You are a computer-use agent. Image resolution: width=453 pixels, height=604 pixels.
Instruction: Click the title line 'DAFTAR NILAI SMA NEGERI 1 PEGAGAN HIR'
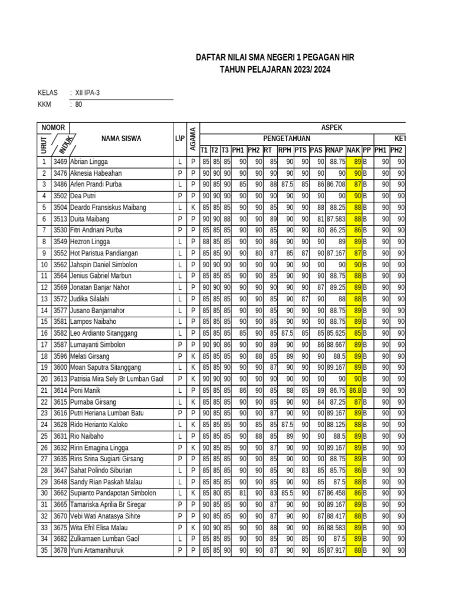click(275, 57)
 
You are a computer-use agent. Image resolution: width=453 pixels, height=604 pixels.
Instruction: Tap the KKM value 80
click(79, 104)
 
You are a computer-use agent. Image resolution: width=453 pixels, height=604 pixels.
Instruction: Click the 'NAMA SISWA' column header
click(121, 139)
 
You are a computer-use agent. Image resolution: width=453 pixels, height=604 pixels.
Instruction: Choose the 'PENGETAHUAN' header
click(287, 139)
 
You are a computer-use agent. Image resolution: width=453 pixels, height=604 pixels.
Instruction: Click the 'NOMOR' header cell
click(53, 127)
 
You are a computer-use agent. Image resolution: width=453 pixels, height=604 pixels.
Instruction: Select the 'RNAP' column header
click(335, 150)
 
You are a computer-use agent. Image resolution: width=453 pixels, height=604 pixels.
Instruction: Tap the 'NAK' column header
click(353, 150)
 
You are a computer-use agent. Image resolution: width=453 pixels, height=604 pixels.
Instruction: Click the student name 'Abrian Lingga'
click(89, 162)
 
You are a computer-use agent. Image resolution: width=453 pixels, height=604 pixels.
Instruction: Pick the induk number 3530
click(60, 230)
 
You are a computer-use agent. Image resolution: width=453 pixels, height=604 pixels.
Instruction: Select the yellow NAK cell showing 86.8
click(354, 390)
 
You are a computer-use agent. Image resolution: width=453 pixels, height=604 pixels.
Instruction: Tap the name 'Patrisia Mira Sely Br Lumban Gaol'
click(116, 379)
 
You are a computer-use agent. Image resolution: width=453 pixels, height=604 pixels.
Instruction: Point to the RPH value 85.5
click(286, 493)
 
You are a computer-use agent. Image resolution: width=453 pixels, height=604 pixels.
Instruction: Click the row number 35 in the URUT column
click(44, 550)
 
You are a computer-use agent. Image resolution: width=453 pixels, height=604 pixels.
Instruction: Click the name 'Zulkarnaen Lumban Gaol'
click(104, 539)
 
